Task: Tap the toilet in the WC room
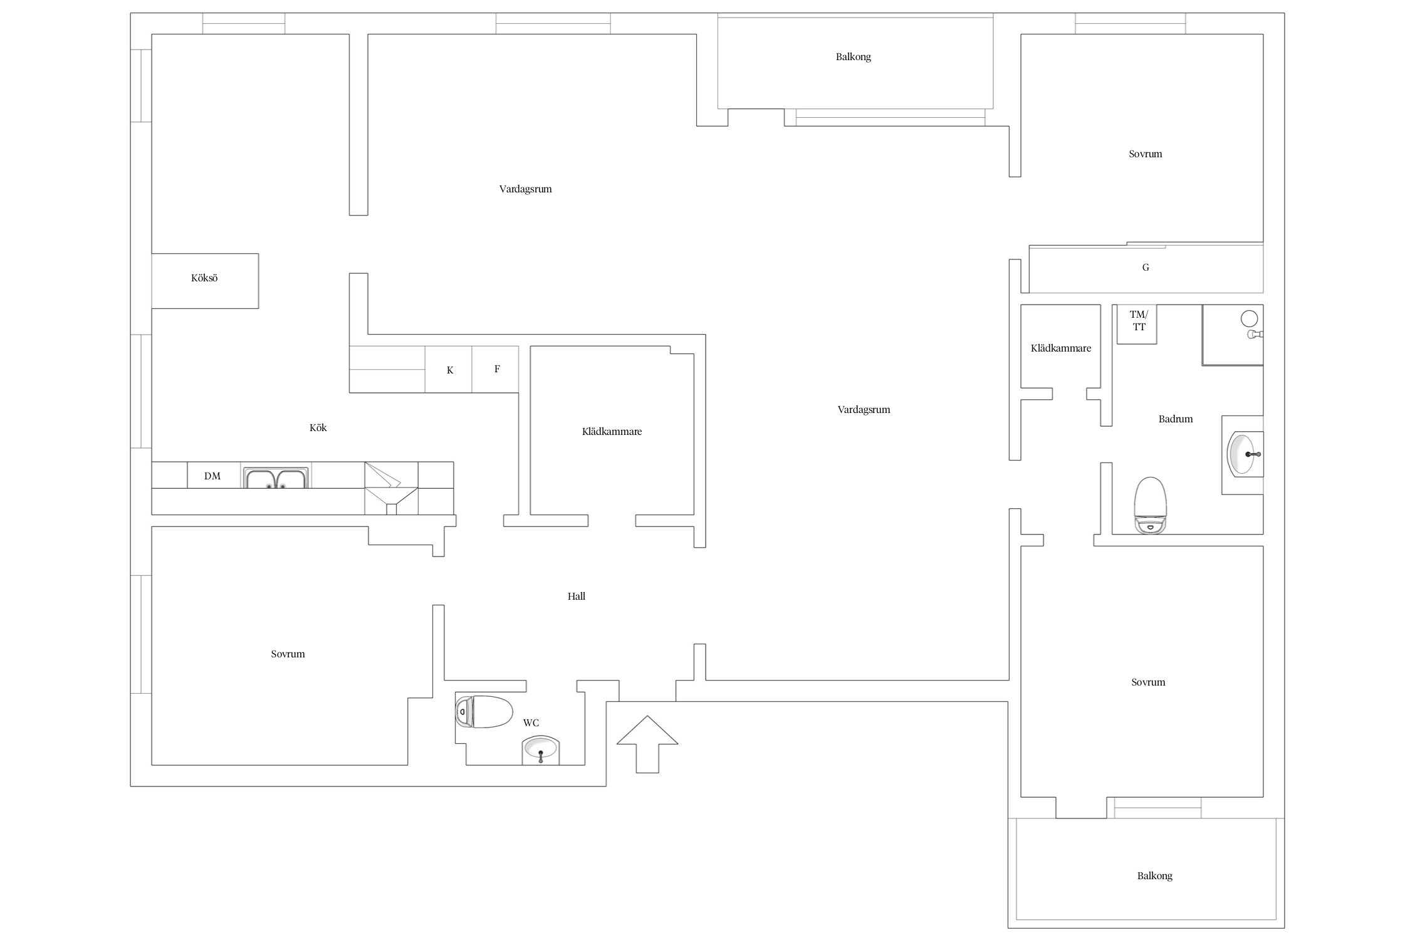coord(484,711)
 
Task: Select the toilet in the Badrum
coord(1151,505)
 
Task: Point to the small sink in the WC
coord(540,750)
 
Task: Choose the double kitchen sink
coord(276,478)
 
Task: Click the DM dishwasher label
coord(212,476)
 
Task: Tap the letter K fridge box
coord(449,370)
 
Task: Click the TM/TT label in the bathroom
coord(1139,320)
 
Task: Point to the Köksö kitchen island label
coord(204,278)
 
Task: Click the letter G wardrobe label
coord(1146,268)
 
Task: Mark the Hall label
coord(577,597)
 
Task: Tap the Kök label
coord(318,428)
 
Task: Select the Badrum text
coord(1176,419)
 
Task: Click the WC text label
coord(531,723)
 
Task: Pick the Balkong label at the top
coord(854,57)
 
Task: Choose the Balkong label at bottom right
coord(1155,876)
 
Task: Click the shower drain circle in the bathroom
coord(1249,319)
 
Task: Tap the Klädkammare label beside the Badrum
coord(1061,348)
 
